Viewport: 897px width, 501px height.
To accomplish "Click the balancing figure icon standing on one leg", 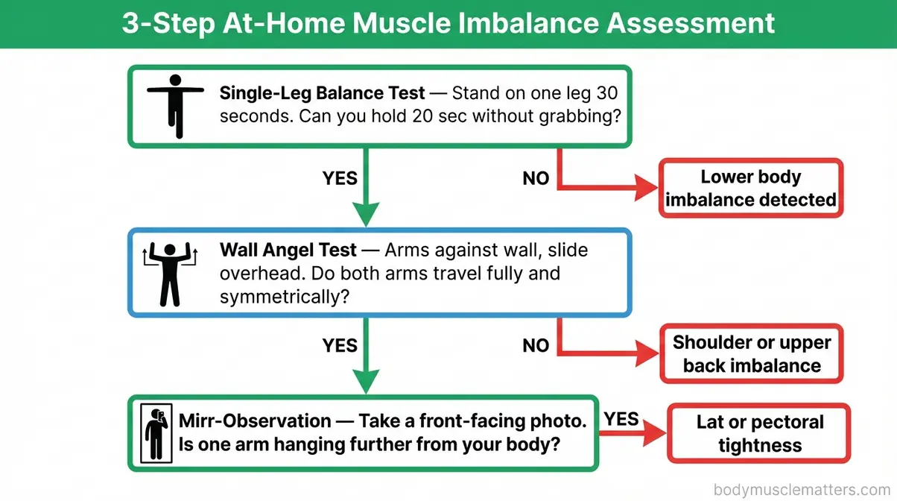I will pyautogui.click(x=175, y=104).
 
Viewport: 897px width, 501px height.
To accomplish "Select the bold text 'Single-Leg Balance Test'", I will pyautogui.click(x=322, y=94).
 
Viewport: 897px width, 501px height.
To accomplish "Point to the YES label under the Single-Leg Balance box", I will pyautogui.click(x=340, y=178).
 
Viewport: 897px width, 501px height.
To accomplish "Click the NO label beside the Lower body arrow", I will pyautogui.click(x=536, y=178).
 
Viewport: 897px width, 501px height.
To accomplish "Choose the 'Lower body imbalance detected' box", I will pyautogui.click(x=750, y=189).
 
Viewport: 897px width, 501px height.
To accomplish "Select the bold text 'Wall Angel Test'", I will pyautogui.click(x=288, y=250).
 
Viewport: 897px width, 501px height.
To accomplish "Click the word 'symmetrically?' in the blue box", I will pyautogui.click(x=275, y=297).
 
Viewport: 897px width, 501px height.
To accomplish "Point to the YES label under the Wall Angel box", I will pyautogui.click(x=340, y=345).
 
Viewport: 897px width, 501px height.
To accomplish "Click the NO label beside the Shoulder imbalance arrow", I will pyautogui.click(x=536, y=345).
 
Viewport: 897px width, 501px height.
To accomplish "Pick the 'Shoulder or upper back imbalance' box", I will pyautogui.click(x=751, y=354).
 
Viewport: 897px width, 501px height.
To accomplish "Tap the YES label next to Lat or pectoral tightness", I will pyautogui.click(x=621, y=419).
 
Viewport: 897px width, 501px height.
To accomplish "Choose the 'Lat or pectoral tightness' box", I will pyautogui.click(x=759, y=434).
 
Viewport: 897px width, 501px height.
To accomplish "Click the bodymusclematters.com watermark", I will pyautogui.click(x=802, y=490).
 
